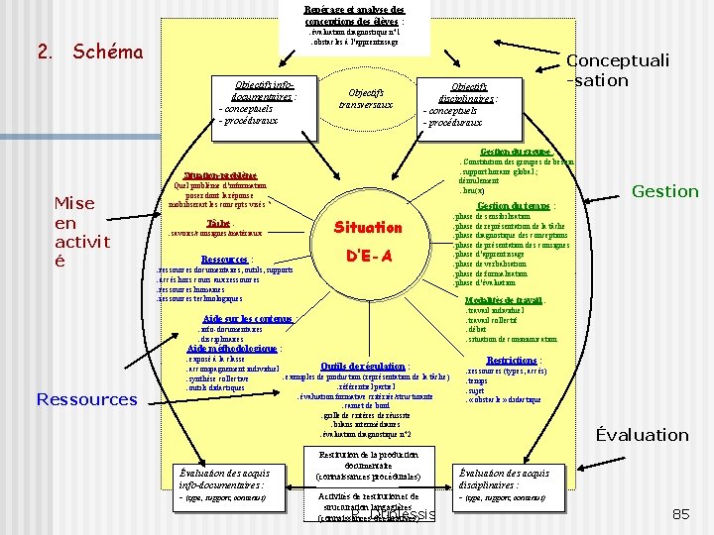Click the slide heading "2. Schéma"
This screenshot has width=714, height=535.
pos(90,53)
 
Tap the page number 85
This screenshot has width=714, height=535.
pos(680,514)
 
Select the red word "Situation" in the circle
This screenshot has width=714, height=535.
pos(367,227)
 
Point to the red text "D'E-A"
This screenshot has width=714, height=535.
pos(368,256)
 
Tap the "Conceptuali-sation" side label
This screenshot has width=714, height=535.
pos(617,69)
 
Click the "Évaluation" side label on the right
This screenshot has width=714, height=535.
pos(640,435)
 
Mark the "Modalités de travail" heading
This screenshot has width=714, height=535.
pos(504,300)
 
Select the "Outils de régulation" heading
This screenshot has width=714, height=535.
pos(363,367)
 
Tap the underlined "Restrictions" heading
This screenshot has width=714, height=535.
pos(512,360)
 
